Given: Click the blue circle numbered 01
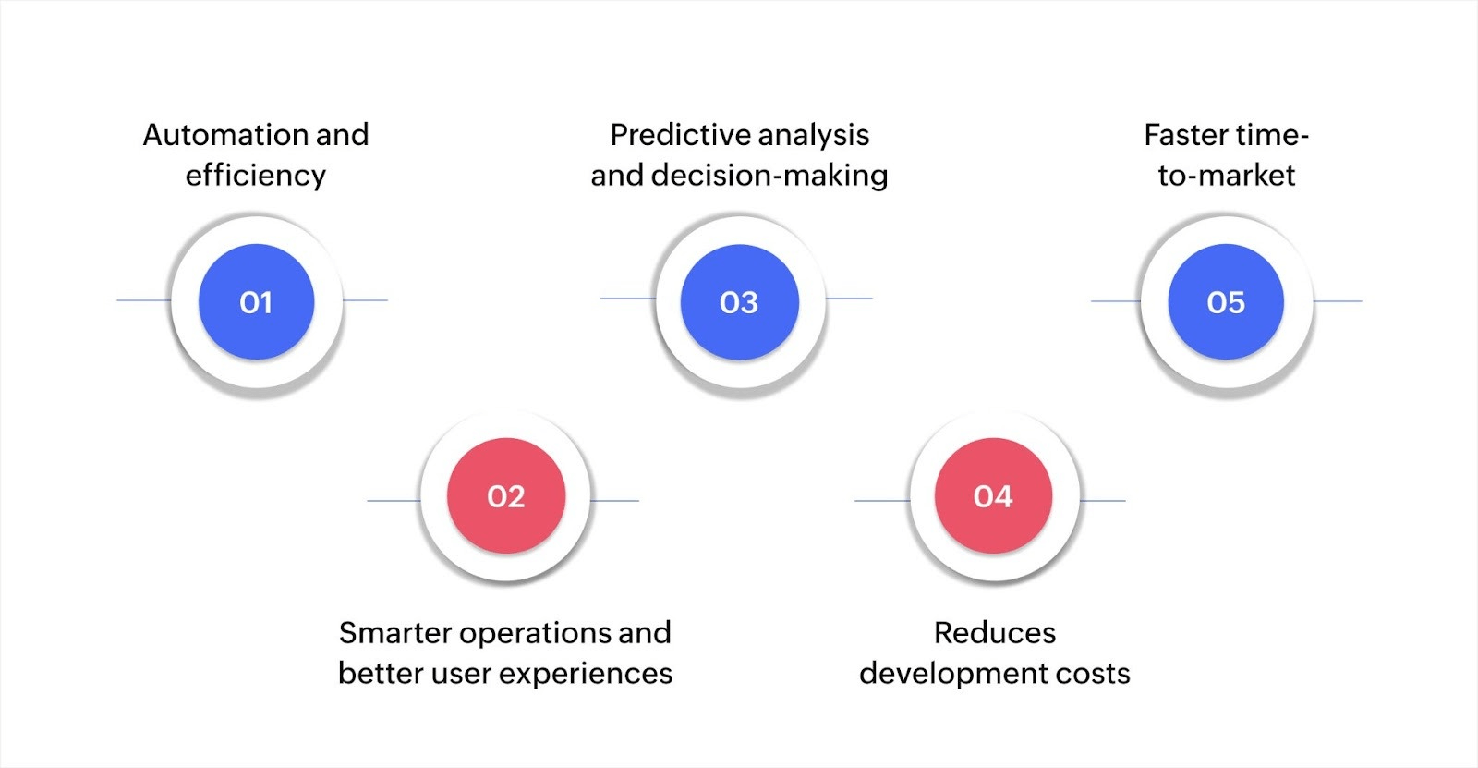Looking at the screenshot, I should click(x=256, y=302).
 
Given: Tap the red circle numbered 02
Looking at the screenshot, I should click(x=505, y=496).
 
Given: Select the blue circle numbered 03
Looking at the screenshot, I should click(x=739, y=302).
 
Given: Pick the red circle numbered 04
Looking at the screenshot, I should click(x=993, y=496).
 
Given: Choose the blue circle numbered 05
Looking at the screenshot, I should click(x=1226, y=302).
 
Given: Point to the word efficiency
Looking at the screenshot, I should click(x=256, y=176).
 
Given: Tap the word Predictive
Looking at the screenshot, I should click(x=678, y=135).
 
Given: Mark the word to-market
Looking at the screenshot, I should click(x=1227, y=176).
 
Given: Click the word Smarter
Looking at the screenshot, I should click(x=394, y=633).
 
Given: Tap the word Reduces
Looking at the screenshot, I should click(x=995, y=633).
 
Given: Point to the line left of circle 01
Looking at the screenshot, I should click(x=143, y=300).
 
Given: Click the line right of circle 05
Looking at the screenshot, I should click(x=1338, y=301).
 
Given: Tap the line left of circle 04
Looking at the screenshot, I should click(x=881, y=501).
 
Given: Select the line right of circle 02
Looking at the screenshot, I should click(x=615, y=501).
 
